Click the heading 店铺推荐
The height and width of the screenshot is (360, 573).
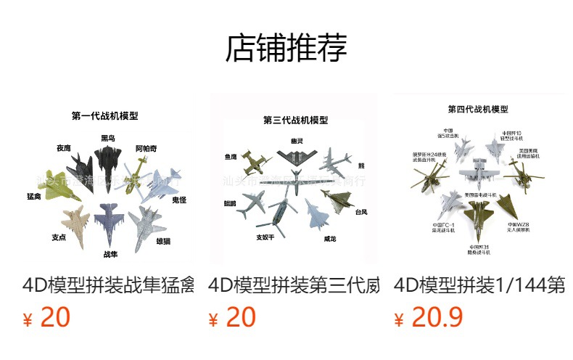286,49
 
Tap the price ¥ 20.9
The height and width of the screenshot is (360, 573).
429,318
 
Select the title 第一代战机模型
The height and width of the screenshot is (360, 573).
105,115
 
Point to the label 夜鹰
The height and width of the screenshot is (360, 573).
64,148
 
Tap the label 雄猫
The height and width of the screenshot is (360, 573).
163,241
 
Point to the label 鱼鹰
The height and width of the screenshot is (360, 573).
231,156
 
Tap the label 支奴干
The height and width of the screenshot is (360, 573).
268,237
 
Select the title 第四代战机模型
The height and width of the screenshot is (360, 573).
478,110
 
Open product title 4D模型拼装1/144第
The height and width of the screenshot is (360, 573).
479,285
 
